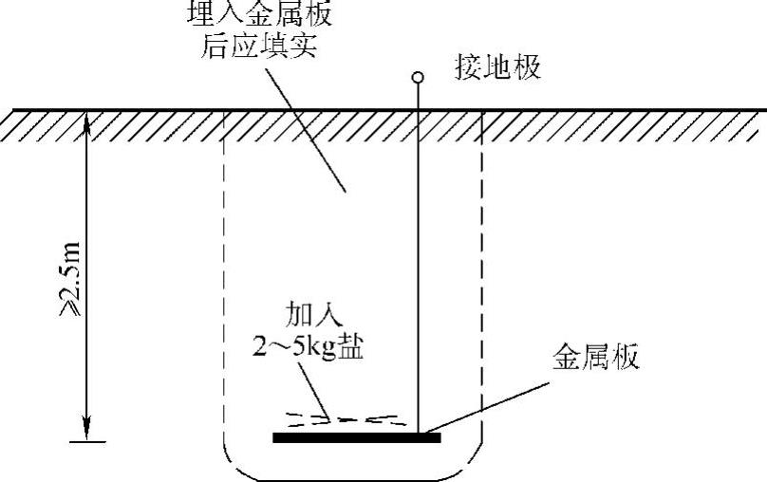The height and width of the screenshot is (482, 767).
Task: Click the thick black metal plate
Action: click(356, 437)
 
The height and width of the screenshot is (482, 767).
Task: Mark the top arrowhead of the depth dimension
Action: click(87, 118)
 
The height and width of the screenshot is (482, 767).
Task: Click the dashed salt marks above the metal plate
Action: click(342, 417)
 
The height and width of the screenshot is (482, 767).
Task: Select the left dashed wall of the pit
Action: click(224, 285)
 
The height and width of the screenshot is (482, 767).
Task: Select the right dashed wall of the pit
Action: click(482, 285)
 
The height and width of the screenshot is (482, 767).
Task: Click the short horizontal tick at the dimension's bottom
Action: click(87, 440)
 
